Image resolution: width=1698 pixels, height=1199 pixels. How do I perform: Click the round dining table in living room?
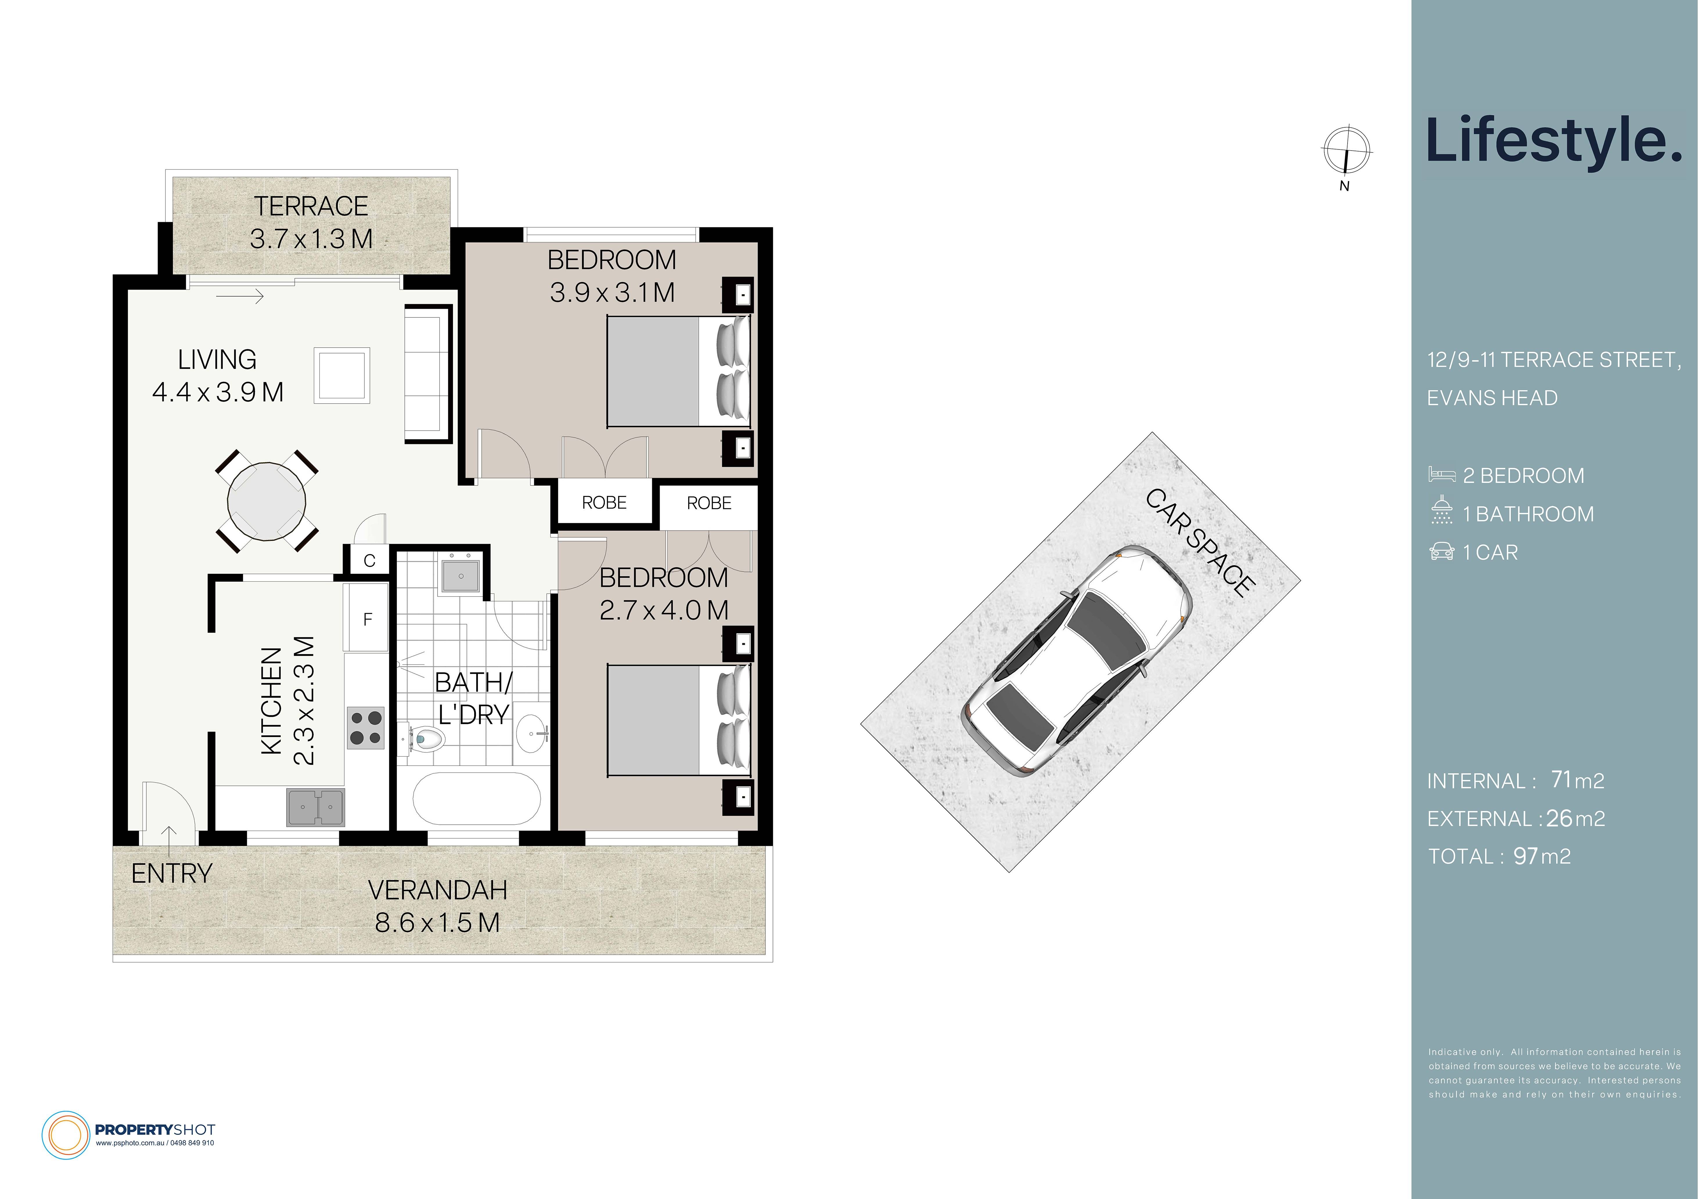[266, 501]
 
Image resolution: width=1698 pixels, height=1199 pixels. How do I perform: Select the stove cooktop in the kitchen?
[365, 727]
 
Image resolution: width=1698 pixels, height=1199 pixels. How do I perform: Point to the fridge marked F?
[367, 619]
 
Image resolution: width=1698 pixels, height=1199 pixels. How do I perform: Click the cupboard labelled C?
[369, 560]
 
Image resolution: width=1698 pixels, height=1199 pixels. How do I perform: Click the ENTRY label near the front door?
[172, 874]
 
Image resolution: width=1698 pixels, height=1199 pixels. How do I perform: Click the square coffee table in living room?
[342, 375]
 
